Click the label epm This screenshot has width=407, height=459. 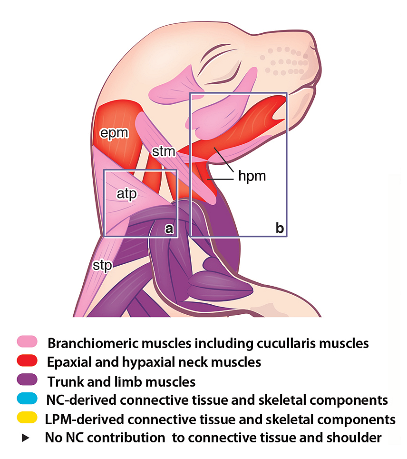click(x=114, y=133)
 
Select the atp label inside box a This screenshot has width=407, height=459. click(x=127, y=193)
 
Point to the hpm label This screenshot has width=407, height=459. click(x=252, y=177)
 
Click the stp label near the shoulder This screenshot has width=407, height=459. click(x=102, y=265)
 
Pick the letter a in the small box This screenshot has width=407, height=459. click(x=169, y=229)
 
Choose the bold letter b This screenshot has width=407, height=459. click(x=280, y=229)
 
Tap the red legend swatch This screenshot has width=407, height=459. click(x=27, y=362)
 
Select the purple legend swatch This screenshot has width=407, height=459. click(x=27, y=381)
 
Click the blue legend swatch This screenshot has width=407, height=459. click(x=27, y=400)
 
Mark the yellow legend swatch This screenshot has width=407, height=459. click(x=27, y=419)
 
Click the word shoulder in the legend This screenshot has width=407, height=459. click(x=355, y=438)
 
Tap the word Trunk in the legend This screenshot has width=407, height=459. click(x=63, y=381)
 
